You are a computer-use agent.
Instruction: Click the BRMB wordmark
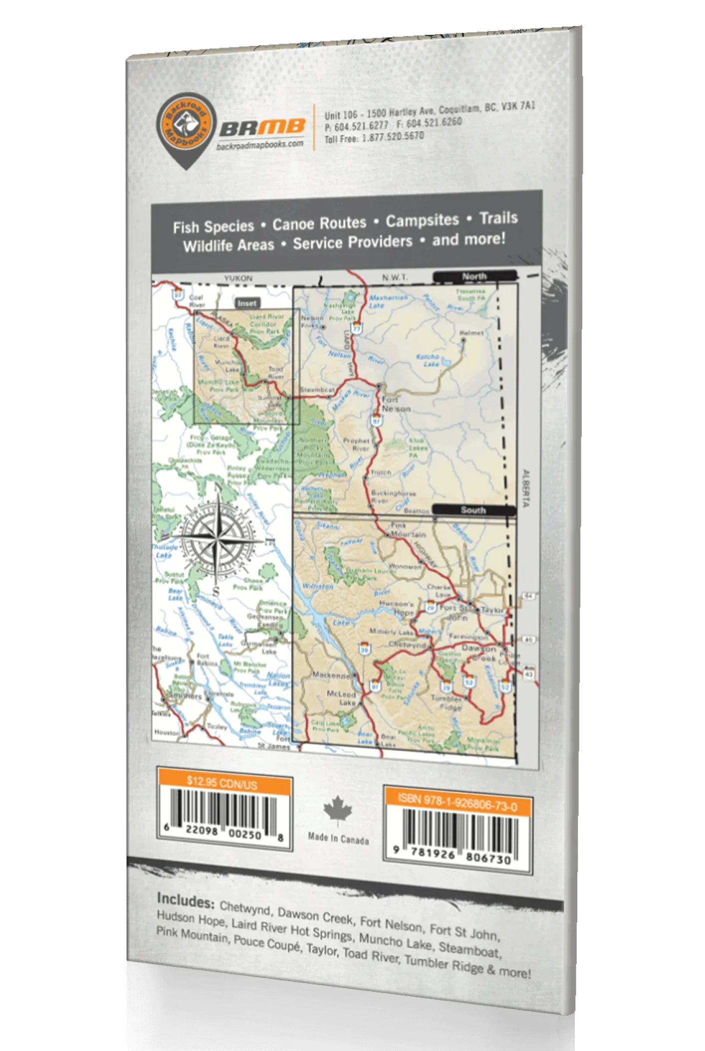click(x=262, y=129)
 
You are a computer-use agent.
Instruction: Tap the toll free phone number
click(x=374, y=137)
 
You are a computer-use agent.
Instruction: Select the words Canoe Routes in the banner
click(x=319, y=223)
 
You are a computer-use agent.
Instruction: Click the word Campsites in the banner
click(x=422, y=220)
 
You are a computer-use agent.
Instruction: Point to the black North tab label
click(x=474, y=276)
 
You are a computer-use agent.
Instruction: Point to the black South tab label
click(x=473, y=510)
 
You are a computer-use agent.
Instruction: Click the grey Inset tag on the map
click(x=246, y=303)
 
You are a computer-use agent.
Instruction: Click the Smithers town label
click(x=184, y=696)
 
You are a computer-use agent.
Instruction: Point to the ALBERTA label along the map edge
click(x=524, y=488)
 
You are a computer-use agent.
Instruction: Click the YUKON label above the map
click(x=238, y=278)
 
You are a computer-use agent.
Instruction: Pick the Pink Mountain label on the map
click(x=405, y=530)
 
